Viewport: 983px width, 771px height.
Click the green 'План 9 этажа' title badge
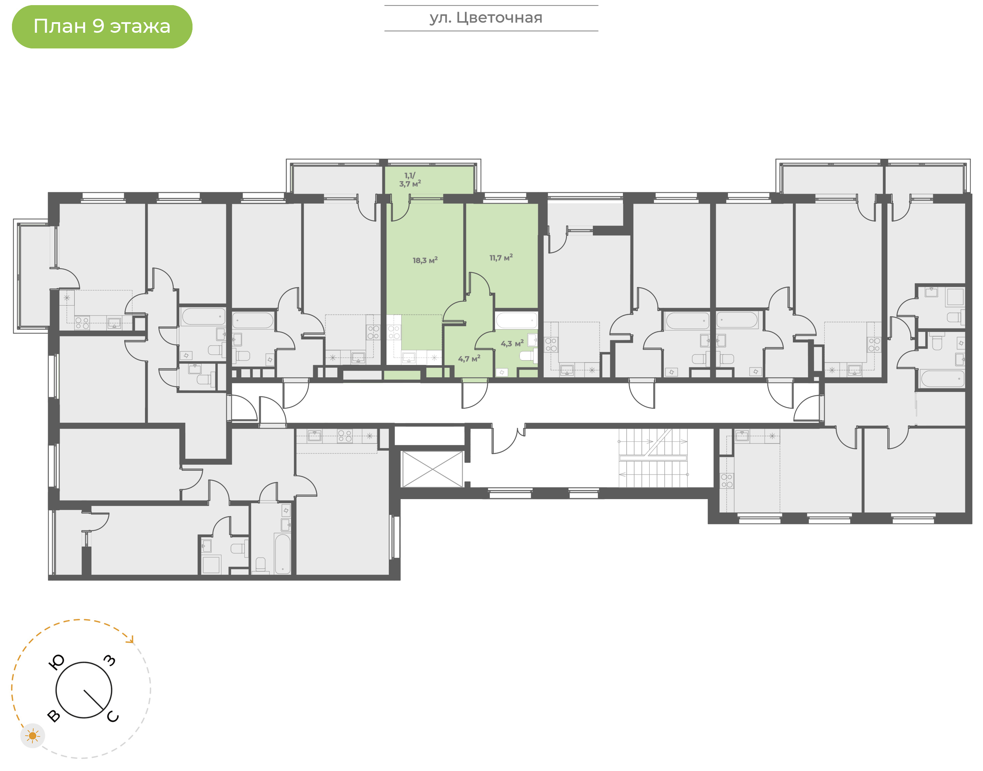click(x=102, y=27)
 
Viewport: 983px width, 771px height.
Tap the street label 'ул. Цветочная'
click(x=486, y=18)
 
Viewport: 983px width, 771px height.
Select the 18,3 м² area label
click(x=425, y=260)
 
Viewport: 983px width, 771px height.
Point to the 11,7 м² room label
click(x=501, y=258)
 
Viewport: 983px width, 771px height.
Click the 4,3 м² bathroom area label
click(x=512, y=344)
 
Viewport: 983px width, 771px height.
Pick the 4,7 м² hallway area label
click(x=469, y=359)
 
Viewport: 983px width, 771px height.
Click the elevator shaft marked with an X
click(x=432, y=469)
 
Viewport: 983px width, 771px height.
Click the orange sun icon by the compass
click(x=32, y=736)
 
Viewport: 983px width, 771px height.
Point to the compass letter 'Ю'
click(x=56, y=662)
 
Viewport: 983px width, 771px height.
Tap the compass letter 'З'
click(x=110, y=661)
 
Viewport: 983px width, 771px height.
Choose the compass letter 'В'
click(x=54, y=715)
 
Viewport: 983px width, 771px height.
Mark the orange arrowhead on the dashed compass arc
click(x=131, y=640)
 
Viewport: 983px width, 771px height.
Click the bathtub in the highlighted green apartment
click(x=516, y=320)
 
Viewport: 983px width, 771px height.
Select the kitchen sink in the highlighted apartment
click(x=409, y=358)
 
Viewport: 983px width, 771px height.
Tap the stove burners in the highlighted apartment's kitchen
click(x=394, y=333)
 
